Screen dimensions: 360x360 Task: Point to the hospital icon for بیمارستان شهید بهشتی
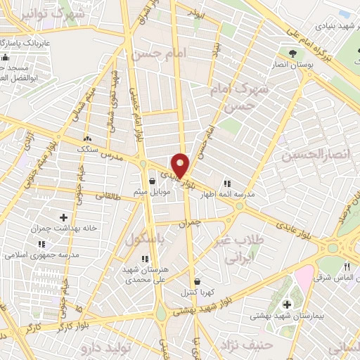pyautogui.click(x=287, y=304)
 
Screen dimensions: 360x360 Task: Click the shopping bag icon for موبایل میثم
pyautogui.click(x=152, y=181)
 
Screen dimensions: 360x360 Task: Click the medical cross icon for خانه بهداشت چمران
pyautogui.click(x=64, y=218)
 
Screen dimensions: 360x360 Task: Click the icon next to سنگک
pyautogui.click(x=88, y=139)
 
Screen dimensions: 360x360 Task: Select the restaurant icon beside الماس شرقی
pyautogui.click(x=347, y=268)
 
